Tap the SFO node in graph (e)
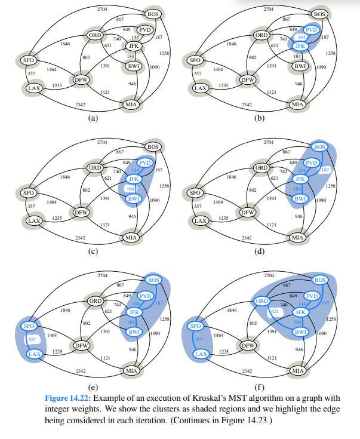point(29,326)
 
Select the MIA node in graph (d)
point(297,237)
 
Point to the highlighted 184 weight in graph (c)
point(130,189)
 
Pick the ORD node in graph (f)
point(261,301)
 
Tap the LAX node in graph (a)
point(33,88)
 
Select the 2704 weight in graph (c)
point(102,142)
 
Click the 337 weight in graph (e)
point(30,340)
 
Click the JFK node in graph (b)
point(300,45)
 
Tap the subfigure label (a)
point(92,118)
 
